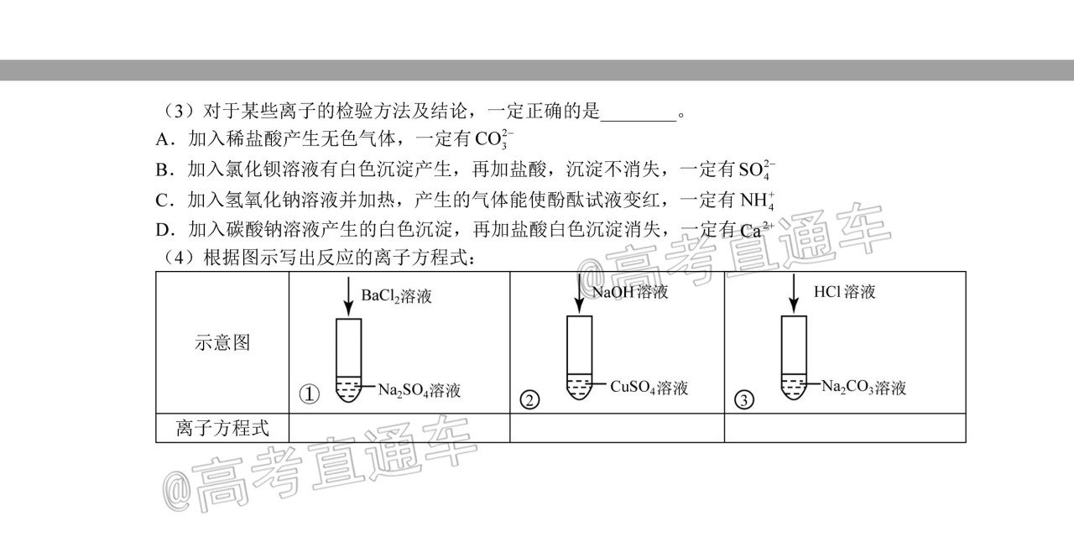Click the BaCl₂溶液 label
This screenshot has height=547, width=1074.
point(396,296)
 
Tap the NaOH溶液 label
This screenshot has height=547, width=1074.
point(630,292)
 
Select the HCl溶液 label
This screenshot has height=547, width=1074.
point(844,291)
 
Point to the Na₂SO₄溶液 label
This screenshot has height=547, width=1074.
point(419,390)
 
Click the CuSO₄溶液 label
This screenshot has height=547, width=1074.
point(649,388)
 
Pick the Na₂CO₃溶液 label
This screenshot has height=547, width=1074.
point(863,387)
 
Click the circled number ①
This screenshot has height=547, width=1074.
point(310,394)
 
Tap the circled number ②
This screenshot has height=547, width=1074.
point(529,400)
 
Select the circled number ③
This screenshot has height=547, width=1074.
point(743,400)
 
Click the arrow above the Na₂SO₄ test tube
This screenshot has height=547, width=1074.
point(348,296)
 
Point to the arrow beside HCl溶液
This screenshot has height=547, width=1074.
point(794,294)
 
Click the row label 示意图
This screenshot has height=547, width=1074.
point(222,342)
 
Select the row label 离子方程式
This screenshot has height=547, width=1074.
point(222,428)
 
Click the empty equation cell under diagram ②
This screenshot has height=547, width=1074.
point(617,428)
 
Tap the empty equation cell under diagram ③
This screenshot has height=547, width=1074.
point(845,428)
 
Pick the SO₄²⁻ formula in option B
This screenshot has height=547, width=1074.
point(757,169)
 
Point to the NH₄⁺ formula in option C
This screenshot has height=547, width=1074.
point(757,201)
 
